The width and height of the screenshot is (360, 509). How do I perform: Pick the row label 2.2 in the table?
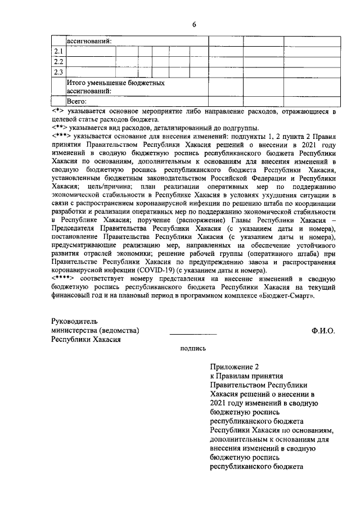tap(57, 62)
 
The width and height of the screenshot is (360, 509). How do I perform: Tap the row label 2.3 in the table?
tap(57, 72)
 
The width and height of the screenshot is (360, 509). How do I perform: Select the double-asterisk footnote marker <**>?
tap(58, 128)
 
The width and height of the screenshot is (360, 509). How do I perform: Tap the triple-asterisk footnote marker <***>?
tap(61, 136)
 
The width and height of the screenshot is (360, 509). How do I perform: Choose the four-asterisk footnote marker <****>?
tap(63, 278)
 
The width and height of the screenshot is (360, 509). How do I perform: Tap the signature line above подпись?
tap(193, 336)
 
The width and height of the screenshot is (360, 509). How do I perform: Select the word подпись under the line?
tap(192, 349)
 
